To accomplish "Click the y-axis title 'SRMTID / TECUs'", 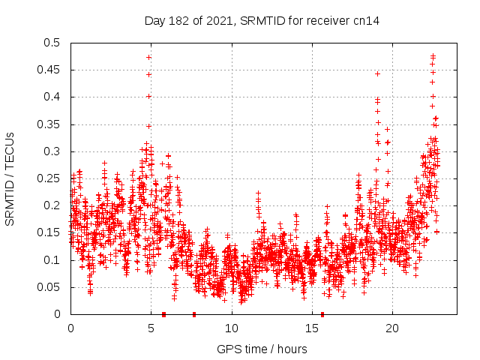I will tap(10, 178).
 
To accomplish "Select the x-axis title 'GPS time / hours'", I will tap(262, 349).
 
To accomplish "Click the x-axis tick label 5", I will tap(151, 328).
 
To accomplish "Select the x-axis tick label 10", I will tap(232, 328).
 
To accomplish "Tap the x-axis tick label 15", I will tap(312, 328).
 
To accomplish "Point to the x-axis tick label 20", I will tap(392, 328).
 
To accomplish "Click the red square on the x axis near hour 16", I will tap(322, 314).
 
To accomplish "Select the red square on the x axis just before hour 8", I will tap(194, 314).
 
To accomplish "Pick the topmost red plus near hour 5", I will tap(149, 57).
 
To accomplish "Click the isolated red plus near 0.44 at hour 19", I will tap(377, 73).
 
